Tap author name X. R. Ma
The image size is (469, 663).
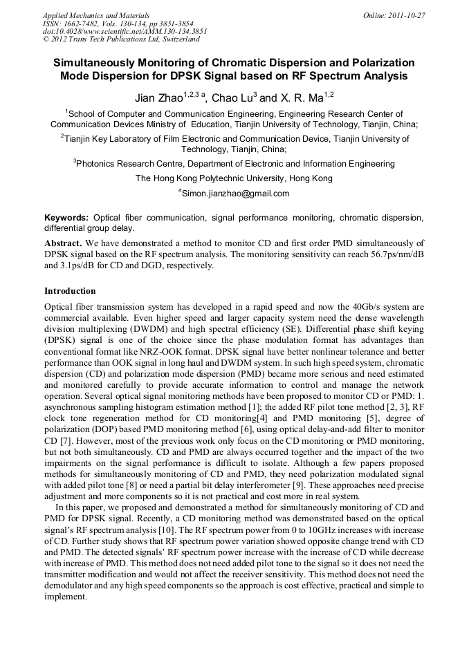tap(302, 98)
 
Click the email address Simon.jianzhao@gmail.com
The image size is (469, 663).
tap(235, 194)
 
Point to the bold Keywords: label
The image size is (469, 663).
tap(66, 217)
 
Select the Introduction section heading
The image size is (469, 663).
tap(70, 291)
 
